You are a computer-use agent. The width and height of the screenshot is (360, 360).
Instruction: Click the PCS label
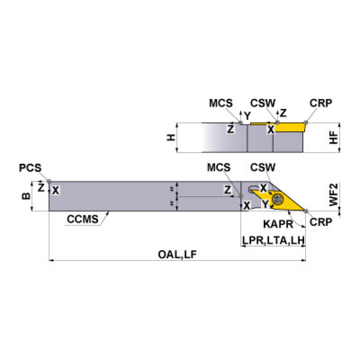click(31, 168)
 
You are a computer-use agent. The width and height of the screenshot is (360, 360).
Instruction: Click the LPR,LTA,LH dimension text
click(274, 240)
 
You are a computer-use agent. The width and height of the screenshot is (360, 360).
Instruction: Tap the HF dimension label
click(333, 137)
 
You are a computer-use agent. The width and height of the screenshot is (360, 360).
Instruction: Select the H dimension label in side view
click(171, 137)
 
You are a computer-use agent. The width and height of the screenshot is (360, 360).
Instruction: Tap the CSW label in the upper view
click(262, 102)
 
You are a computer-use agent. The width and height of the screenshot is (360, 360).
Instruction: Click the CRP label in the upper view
click(321, 102)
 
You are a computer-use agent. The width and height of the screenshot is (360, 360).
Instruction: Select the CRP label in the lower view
click(321, 221)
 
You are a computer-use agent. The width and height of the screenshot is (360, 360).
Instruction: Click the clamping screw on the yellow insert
click(277, 199)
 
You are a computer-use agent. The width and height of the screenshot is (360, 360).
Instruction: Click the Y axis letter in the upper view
click(247, 115)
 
